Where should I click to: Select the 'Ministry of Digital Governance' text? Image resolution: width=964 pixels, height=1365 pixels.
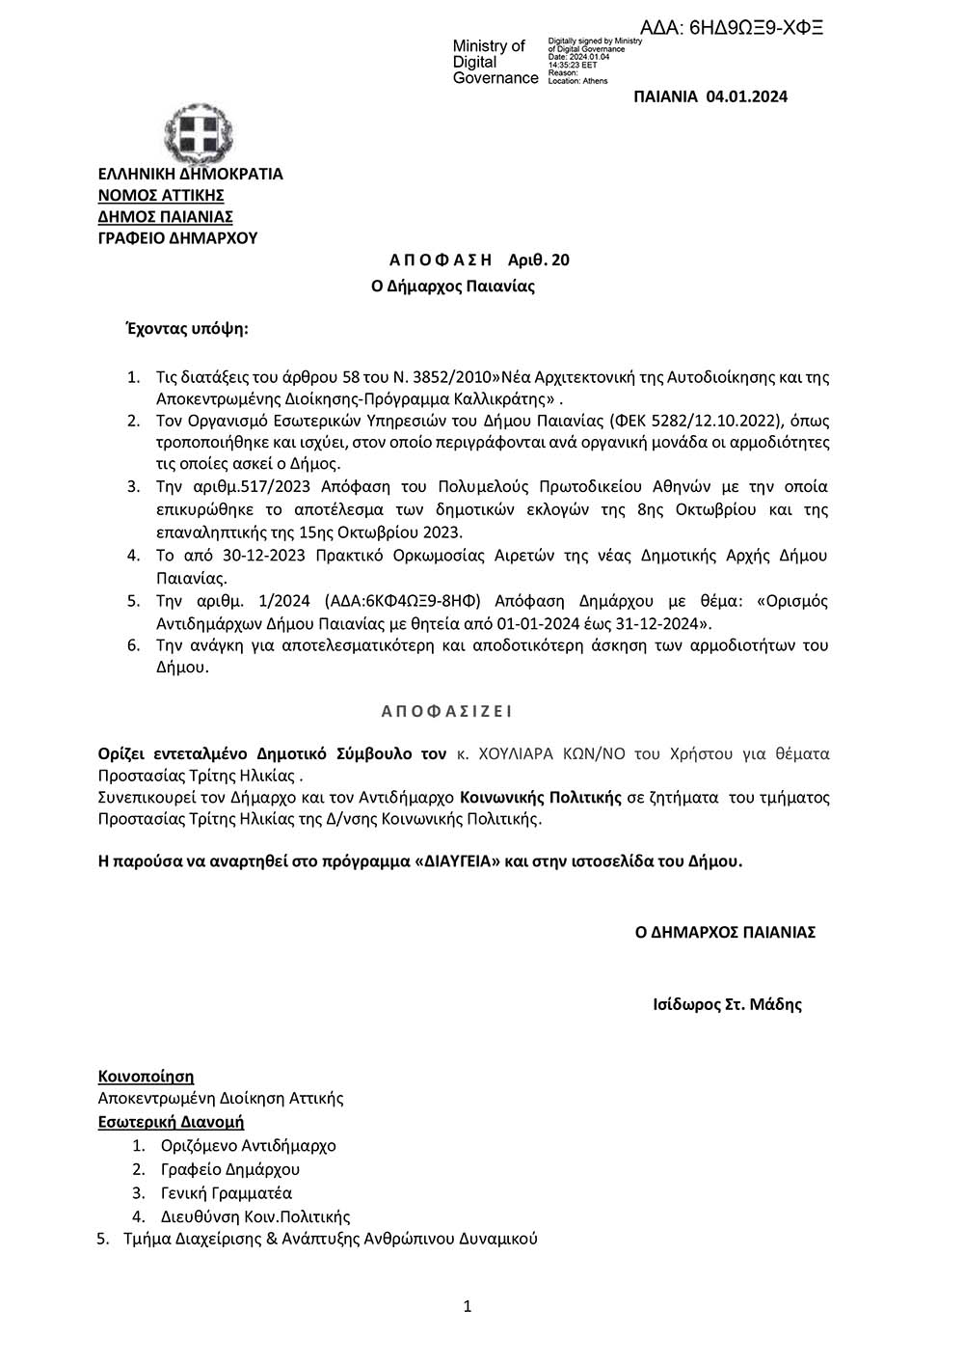coord(495,62)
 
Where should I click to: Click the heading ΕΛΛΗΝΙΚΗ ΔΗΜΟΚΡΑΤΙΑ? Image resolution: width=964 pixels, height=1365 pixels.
coord(191,175)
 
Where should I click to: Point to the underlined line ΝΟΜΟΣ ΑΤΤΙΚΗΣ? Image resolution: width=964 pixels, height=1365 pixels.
coord(161,196)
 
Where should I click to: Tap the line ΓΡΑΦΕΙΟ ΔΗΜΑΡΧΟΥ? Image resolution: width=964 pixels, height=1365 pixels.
coord(178,238)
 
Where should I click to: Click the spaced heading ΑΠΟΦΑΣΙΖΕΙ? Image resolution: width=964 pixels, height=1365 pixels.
coord(446,712)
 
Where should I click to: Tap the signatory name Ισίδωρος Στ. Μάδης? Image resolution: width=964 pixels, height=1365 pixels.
coord(727,1004)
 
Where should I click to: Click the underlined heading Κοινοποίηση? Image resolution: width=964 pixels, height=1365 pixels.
coord(146,1076)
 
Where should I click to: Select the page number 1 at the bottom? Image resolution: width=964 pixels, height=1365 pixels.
coord(468,1307)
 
